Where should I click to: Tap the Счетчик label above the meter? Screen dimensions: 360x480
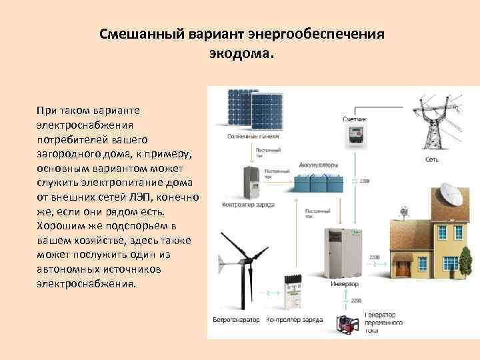point(355,119)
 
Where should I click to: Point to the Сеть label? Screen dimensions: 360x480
point(431,160)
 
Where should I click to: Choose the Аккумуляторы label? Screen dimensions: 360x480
point(319,165)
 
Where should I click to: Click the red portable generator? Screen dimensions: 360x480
point(349,327)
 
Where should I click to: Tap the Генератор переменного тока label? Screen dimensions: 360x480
point(383,322)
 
